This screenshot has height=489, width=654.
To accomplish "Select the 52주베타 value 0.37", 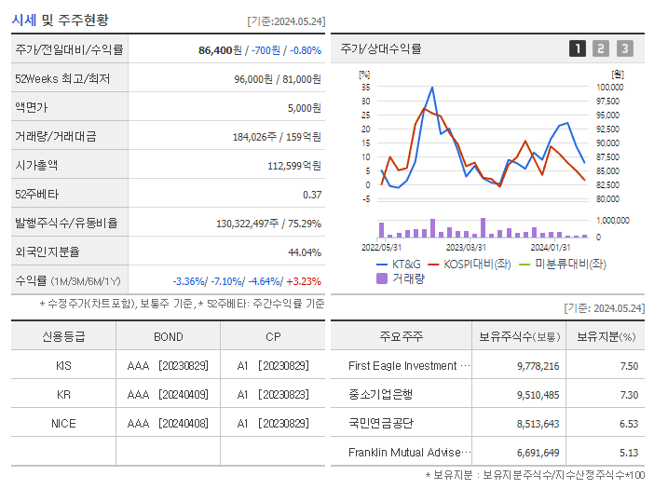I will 311,195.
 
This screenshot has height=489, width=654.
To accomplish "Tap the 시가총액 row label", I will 36,166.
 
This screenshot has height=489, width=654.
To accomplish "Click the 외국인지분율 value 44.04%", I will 305,252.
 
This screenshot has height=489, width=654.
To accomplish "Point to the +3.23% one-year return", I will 303,281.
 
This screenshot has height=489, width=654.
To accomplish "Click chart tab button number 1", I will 578,48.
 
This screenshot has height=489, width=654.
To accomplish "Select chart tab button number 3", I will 624,48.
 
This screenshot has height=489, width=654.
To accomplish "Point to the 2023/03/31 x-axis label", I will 466,247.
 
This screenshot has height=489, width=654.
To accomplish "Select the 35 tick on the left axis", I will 365,88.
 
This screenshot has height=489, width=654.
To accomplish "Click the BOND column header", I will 168,336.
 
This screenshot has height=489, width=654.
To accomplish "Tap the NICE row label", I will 63,424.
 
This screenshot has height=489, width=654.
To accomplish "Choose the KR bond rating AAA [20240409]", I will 168,395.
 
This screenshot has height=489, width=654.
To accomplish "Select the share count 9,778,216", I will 538,366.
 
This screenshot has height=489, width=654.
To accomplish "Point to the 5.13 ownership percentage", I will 629,453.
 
